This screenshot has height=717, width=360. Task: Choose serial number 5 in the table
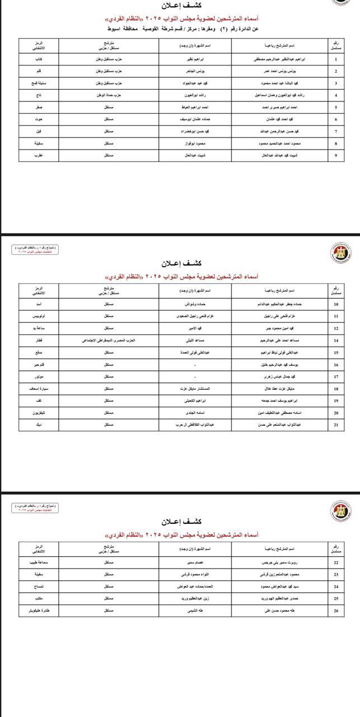[x=335, y=107]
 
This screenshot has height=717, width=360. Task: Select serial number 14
[x=335, y=340]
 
